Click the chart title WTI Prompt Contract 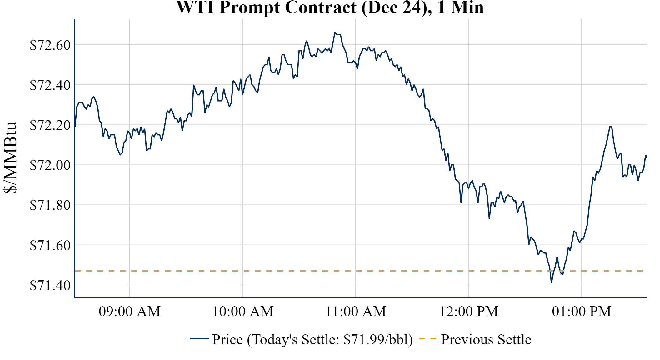click(330, 7)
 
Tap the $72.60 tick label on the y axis click(50, 45)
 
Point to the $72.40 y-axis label click(50, 85)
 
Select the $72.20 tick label click(50, 125)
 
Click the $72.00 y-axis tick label click(50, 165)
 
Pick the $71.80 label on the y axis click(50, 205)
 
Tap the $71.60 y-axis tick click(50, 245)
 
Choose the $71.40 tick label click(50, 285)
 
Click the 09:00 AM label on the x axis click(130, 312)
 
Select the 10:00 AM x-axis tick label click(243, 312)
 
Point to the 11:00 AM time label click(356, 312)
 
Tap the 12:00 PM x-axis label click(469, 312)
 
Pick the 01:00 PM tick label click(582, 312)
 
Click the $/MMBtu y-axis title click(10, 158)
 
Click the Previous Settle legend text click(486, 339)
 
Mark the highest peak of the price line click(335, 33)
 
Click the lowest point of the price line click(551, 282)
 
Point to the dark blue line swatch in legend click(199, 338)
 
